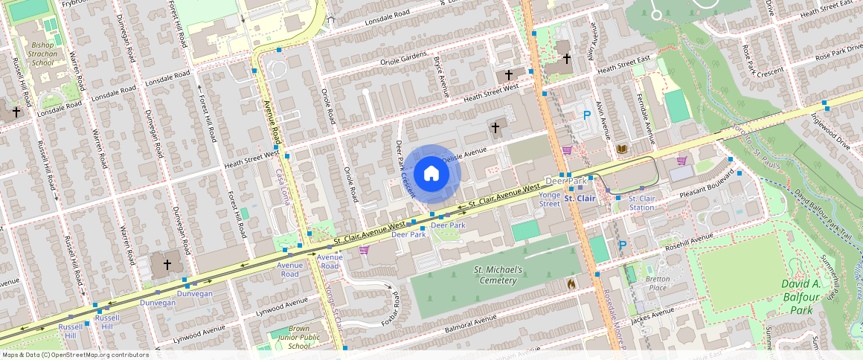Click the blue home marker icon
431,174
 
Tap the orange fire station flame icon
571,283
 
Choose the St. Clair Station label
641,202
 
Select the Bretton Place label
658,283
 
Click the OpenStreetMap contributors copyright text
75,355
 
